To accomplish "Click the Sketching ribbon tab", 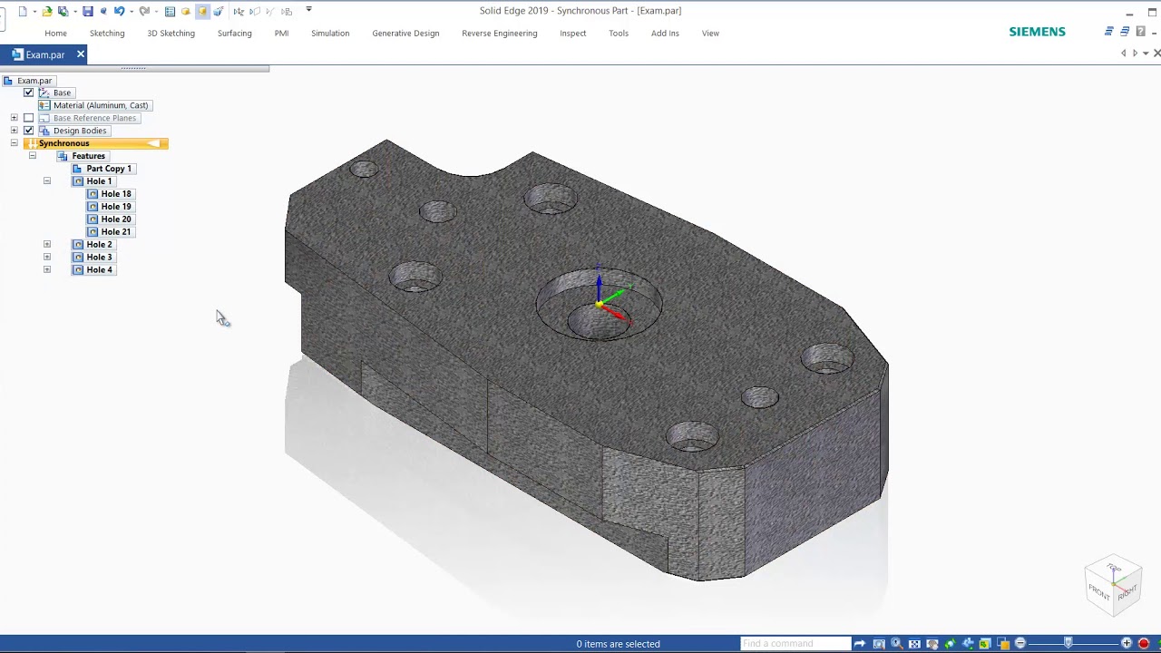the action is point(107,34).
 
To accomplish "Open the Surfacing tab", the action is point(234,34).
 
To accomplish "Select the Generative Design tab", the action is point(405,34).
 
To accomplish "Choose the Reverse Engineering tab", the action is point(499,34).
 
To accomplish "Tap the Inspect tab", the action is point(572,34).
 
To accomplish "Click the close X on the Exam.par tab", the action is point(81,54).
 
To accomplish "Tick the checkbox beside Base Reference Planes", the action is point(28,118).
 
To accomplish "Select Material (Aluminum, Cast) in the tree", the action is point(101,105).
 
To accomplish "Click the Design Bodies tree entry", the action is point(79,131).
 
